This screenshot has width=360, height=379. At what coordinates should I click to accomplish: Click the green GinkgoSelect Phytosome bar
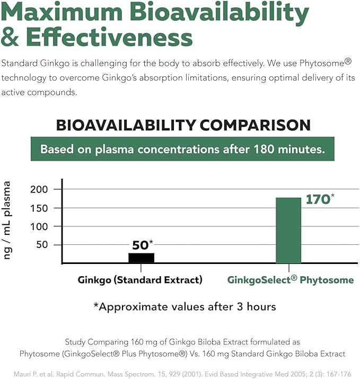(x=288, y=230)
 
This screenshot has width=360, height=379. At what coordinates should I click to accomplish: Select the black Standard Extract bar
(x=142, y=258)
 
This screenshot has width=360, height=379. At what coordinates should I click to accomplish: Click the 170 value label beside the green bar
(x=318, y=200)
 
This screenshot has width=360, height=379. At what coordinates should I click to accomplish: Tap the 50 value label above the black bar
(x=141, y=245)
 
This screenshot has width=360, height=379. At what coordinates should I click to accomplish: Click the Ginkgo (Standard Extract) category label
(x=140, y=280)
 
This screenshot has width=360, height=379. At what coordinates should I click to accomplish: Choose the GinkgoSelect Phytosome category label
(x=290, y=280)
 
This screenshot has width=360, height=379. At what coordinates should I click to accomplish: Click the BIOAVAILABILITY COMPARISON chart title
(x=183, y=125)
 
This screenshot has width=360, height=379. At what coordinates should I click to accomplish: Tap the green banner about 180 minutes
(x=182, y=149)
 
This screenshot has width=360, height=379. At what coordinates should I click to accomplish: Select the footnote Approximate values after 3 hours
(x=184, y=307)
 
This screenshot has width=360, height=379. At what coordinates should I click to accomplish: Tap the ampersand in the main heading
(x=10, y=38)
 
